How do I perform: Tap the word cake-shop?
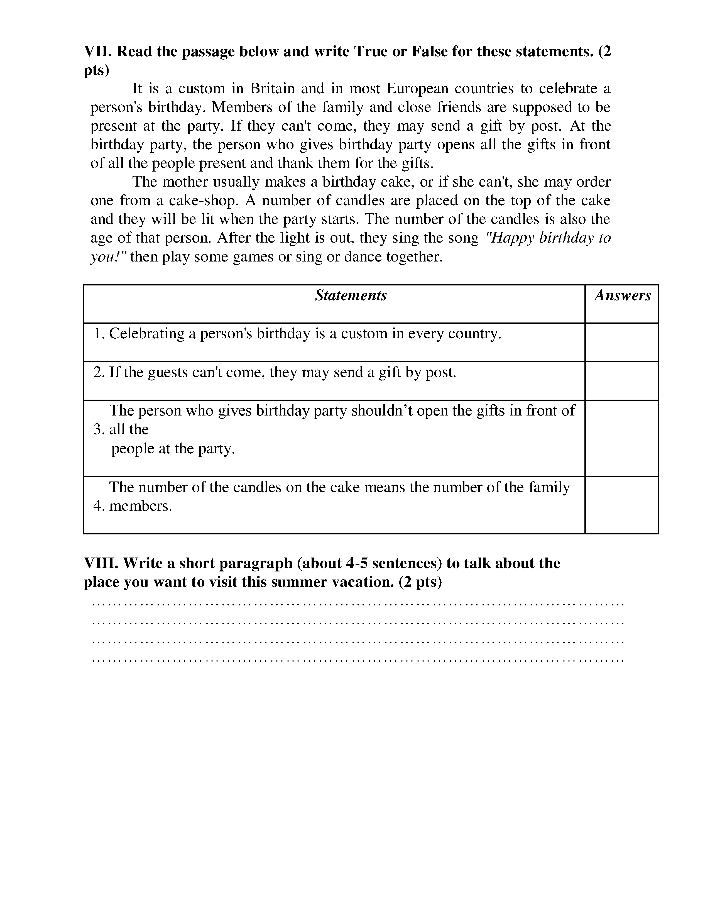(x=204, y=200)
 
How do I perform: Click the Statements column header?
(x=351, y=295)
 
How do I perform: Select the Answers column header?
(x=622, y=295)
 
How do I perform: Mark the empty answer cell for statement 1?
(x=621, y=342)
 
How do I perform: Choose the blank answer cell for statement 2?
(x=621, y=381)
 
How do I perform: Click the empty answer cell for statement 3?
(x=621, y=438)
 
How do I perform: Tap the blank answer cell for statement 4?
(x=621, y=505)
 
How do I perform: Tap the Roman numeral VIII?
(x=101, y=563)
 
